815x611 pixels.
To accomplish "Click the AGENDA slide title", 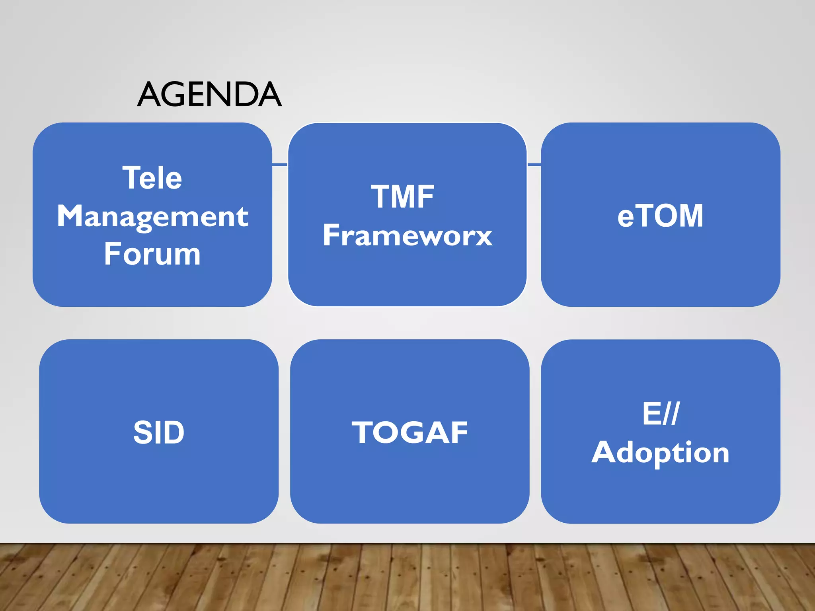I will [x=209, y=95].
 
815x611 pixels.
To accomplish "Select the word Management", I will [x=153, y=216].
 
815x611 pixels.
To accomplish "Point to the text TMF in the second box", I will [x=402, y=197].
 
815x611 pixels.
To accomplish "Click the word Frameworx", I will [x=407, y=235].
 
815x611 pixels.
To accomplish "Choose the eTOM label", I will [x=660, y=216].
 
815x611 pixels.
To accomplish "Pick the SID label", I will [x=159, y=432].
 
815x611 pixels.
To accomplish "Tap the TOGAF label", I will [x=409, y=432].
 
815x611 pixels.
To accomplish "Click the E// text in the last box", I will [x=661, y=414].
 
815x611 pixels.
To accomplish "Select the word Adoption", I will [x=660, y=452].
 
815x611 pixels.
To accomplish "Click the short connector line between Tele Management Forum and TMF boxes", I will [x=280, y=164].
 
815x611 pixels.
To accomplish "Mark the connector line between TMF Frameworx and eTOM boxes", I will [x=534, y=164].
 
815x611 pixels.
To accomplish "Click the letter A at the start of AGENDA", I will [x=148, y=95].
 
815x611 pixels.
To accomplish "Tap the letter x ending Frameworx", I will [x=483, y=237].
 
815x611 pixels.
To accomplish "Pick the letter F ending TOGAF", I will [x=459, y=432].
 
